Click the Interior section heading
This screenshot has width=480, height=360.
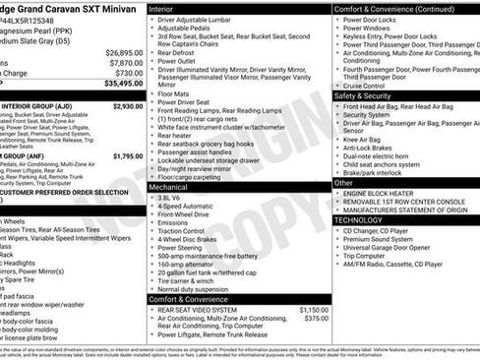pos(161,8)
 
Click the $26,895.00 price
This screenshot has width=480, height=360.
pos(124,52)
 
